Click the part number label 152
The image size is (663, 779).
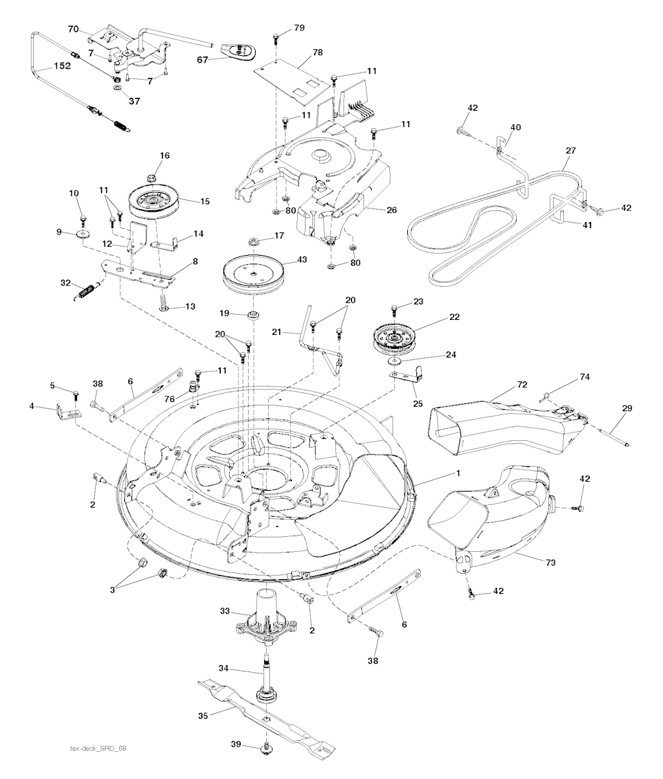pyautogui.click(x=62, y=65)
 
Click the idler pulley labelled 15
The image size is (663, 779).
pyautogui.click(x=153, y=203)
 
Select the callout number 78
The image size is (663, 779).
pyautogui.click(x=318, y=52)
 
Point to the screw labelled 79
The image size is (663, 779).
pyautogui.click(x=276, y=38)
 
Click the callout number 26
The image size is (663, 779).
pyautogui.click(x=392, y=210)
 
